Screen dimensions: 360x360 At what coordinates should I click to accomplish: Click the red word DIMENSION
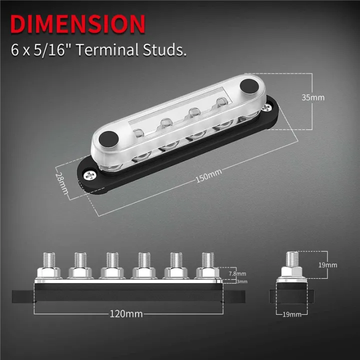coord(78,24)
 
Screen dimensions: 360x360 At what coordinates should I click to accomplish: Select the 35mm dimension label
coord(314,97)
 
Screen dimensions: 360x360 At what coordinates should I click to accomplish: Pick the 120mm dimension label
coord(126,314)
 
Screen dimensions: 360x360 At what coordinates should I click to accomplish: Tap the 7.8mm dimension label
coord(237,273)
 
